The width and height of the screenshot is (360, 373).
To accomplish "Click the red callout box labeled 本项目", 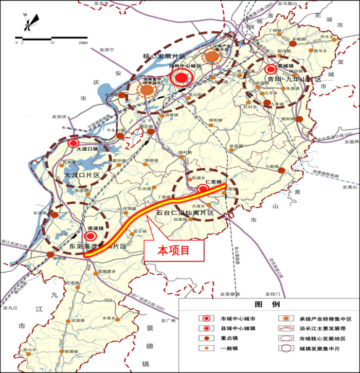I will [174, 251].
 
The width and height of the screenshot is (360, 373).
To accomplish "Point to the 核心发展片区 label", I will [160, 56].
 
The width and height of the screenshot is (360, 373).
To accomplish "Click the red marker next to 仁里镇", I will [203, 189].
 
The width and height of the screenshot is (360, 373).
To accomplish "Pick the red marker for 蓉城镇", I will [271, 69].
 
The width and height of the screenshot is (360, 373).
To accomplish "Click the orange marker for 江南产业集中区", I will [212, 58].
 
